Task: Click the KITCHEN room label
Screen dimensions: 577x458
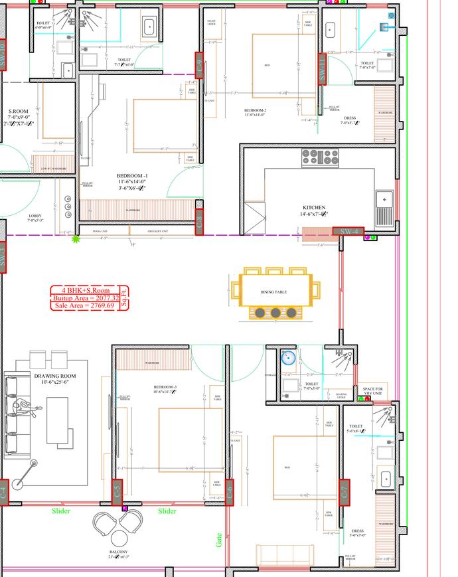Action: coord(313,208)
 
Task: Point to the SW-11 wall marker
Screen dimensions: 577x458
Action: coord(322,68)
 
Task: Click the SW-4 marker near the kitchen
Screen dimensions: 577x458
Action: coord(348,230)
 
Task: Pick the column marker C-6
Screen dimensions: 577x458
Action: coord(230,492)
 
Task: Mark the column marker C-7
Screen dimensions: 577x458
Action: coord(344,492)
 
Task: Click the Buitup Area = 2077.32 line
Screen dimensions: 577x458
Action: coord(86,298)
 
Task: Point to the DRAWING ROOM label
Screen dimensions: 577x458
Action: coord(55,376)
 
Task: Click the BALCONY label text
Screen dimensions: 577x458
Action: coord(118,552)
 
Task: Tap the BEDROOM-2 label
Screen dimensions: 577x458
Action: coord(255,110)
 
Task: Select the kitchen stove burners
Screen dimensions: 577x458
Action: coord(321,157)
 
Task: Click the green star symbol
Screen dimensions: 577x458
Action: coord(76,238)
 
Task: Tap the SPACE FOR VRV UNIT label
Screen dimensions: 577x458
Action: coord(373,392)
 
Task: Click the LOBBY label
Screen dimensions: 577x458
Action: coord(36,216)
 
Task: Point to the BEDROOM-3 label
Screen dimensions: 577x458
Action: coord(165,387)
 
